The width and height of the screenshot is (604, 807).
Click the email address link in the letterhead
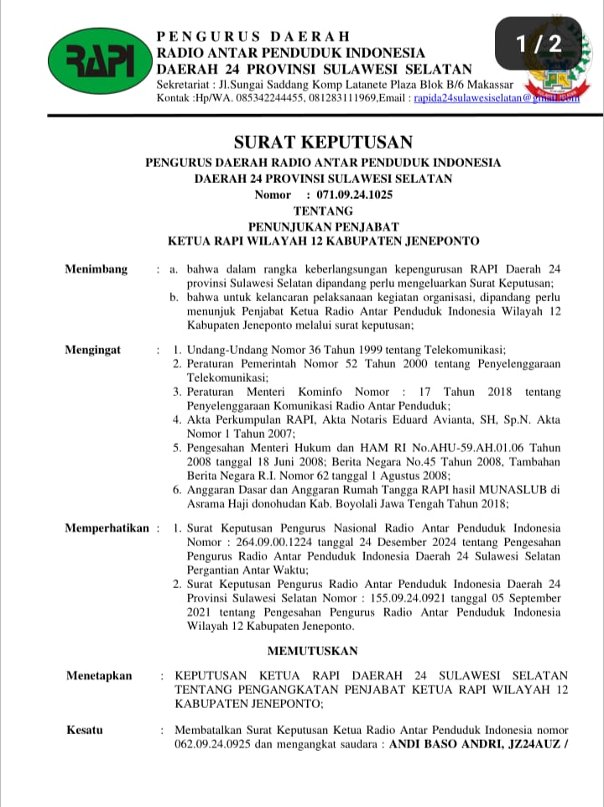point(495,98)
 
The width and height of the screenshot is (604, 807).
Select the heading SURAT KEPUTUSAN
point(323,142)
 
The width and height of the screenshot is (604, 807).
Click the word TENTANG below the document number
point(323,211)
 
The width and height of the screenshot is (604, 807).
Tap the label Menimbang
point(96,269)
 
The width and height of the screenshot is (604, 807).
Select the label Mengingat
point(93,350)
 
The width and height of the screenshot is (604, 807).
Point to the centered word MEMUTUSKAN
point(312,651)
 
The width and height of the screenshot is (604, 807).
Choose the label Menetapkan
point(99,675)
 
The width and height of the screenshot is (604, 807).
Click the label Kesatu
point(85,730)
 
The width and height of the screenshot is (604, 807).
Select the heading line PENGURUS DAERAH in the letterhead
point(253,37)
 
